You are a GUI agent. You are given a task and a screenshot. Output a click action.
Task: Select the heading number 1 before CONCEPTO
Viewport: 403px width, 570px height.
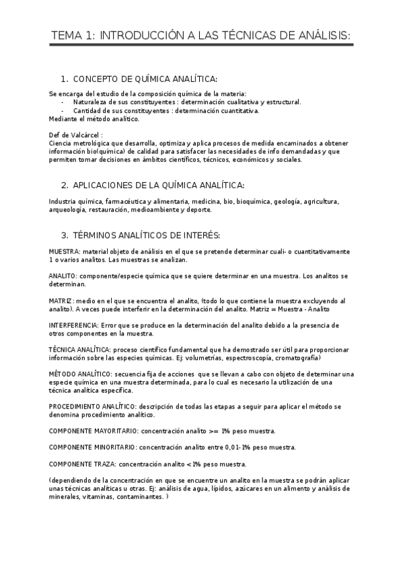[x=64, y=79]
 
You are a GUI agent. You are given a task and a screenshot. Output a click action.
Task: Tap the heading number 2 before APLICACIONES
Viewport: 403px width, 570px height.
[x=64, y=185]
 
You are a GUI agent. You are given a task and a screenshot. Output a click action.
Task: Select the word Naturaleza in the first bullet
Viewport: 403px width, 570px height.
[x=89, y=102]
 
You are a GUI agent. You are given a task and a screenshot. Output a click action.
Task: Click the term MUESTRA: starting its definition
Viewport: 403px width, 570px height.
[x=64, y=251]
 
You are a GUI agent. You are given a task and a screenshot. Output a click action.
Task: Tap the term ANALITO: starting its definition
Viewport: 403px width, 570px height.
[x=63, y=276]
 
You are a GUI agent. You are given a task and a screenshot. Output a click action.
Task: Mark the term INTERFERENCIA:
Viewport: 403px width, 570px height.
[x=72, y=325]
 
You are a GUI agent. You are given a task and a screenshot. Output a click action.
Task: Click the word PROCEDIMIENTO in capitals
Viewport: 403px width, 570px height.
[x=75, y=407]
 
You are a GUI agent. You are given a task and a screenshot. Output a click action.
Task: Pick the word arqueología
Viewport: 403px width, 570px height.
[x=67, y=210]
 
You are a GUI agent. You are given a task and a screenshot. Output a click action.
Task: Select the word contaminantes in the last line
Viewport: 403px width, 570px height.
[x=140, y=497]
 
